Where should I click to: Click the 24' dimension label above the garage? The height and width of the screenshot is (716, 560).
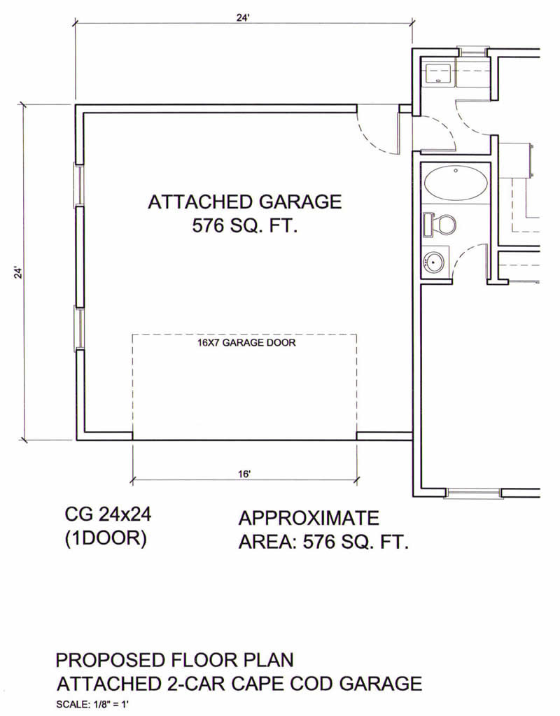point(243,17)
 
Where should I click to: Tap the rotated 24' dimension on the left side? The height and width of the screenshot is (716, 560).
point(17,272)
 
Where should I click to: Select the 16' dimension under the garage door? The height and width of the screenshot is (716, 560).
point(244,474)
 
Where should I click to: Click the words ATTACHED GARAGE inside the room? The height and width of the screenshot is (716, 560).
point(245,202)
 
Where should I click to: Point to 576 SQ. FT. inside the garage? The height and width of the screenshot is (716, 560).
point(245,225)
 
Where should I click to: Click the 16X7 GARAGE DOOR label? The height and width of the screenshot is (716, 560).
point(246,342)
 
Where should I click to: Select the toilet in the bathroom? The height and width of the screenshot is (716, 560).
point(440,224)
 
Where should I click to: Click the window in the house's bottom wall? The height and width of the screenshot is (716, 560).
point(473,493)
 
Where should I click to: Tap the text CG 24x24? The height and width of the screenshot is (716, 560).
point(108,514)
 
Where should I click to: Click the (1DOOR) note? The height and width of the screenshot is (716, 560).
point(106,539)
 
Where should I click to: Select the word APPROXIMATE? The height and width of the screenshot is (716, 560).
point(309,519)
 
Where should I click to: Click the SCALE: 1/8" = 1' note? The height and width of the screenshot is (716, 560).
point(95,705)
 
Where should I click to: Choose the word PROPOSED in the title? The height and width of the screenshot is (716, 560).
point(110,660)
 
